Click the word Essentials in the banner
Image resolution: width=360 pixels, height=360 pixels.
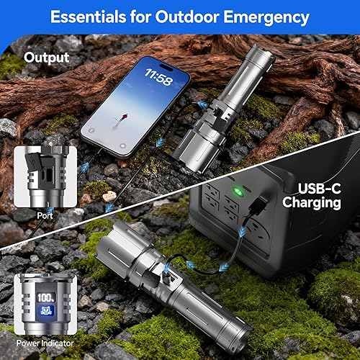click(86, 17)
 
